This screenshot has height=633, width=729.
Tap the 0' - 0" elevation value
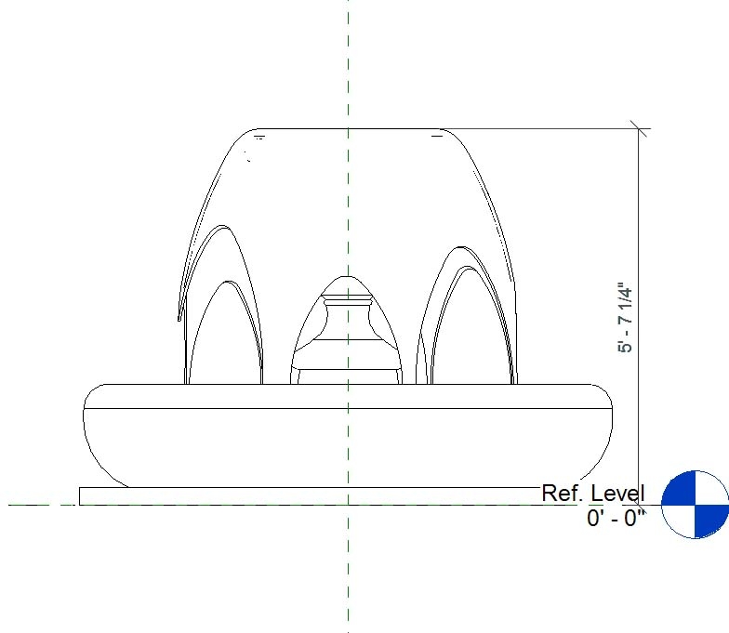coord(616,518)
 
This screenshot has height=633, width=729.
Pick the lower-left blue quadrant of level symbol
coord(679,520)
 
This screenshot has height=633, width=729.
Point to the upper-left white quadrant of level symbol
coord(679,487)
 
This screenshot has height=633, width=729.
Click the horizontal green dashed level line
coord(37,505)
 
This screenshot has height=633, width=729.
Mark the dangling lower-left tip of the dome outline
coord(178,319)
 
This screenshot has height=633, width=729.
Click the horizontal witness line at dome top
coord(539,128)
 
